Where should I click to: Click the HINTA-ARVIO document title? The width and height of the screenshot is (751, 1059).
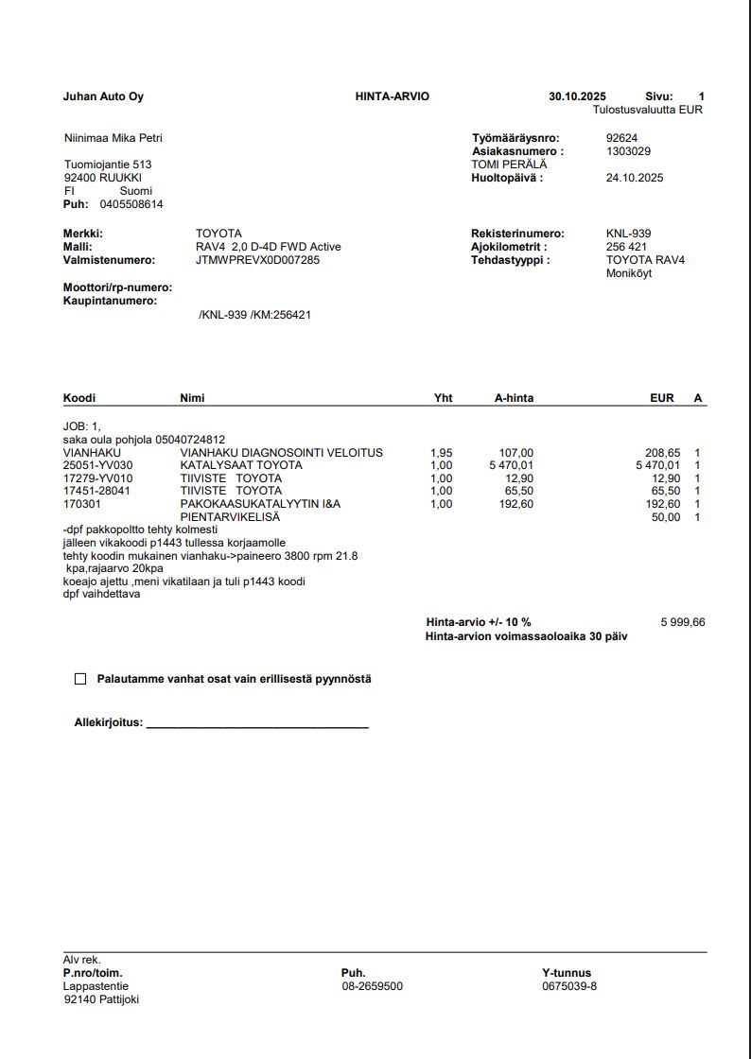click(x=392, y=96)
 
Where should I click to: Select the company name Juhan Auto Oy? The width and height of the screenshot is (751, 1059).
click(x=103, y=96)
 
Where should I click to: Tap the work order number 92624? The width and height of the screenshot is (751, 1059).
click(x=621, y=138)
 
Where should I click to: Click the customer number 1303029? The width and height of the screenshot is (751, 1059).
click(x=628, y=151)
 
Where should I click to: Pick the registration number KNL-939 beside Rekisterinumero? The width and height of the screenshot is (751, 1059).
click(x=628, y=234)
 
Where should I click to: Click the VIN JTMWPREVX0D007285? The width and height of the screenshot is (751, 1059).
click(x=257, y=260)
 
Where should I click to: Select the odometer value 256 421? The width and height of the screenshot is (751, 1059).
click(x=626, y=247)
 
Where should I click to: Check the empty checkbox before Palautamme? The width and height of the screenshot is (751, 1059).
click(x=80, y=679)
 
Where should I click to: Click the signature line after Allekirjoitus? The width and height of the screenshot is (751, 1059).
click(x=257, y=724)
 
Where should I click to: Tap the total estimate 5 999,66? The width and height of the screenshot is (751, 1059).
click(x=682, y=622)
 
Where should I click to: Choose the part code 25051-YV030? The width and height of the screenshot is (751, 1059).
click(x=98, y=465)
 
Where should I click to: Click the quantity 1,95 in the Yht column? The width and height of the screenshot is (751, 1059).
click(x=441, y=453)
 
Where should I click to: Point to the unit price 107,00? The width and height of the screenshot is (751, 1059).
click(x=516, y=453)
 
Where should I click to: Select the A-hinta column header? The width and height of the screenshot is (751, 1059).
click(x=514, y=398)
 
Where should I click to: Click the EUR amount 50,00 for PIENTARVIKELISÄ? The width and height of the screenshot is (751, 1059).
click(x=666, y=517)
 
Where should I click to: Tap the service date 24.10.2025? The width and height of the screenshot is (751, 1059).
click(x=635, y=178)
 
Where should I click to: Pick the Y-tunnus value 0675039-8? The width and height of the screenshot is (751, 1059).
click(x=569, y=986)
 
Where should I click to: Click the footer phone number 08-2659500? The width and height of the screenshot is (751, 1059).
click(x=373, y=986)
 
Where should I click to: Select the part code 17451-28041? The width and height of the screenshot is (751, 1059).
click(x=96, y=491)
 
